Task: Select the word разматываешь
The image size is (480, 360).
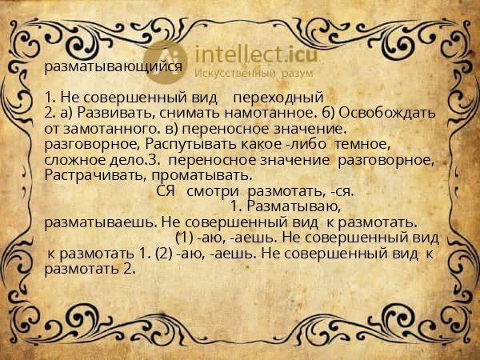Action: (x=101, y=222)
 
